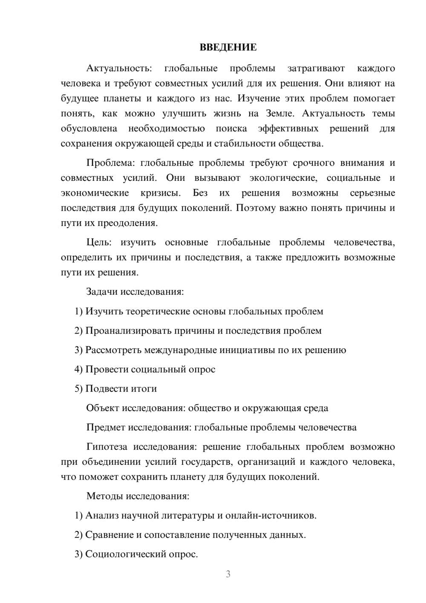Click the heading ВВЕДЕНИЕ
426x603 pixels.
(x=228, y=47)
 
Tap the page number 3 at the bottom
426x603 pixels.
(x=228, y=574)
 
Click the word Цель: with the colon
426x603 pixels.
(x=99, y=243)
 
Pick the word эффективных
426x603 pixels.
(x=288, y=128)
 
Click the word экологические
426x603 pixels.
(x=283, y=178)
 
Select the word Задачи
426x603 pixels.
(x=102, y=292)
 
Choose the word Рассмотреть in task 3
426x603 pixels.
(x=113, y=350)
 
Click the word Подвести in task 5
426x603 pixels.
(x=104, y=388)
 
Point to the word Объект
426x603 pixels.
(x=103, y=408)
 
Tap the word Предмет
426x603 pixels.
(x=106, y=427)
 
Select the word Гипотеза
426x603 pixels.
(x=106, y=447)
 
